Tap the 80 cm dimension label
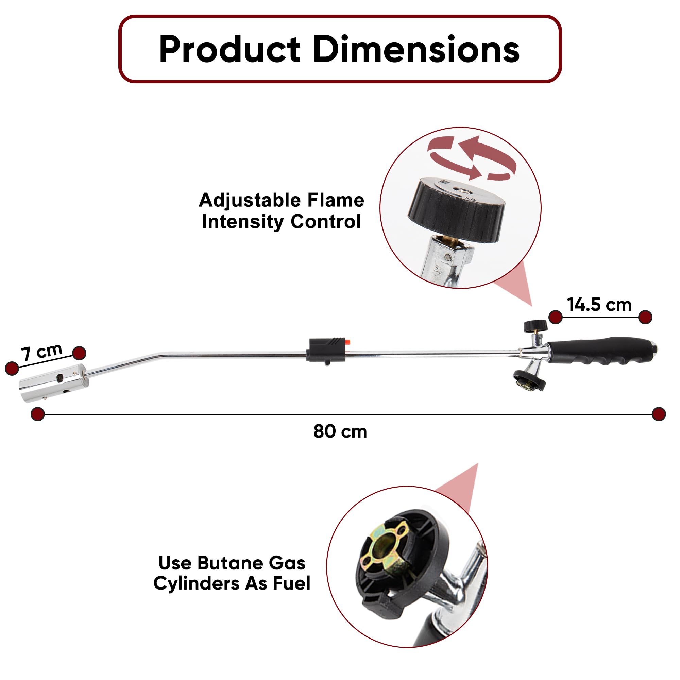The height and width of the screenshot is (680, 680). tap(340, 432)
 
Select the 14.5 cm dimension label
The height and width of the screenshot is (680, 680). tap(599, 305)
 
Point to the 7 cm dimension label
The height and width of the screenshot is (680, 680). tap(42, 352)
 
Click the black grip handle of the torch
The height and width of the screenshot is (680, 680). tap(602, 350)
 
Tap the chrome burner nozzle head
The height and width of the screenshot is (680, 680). tap(53, 383)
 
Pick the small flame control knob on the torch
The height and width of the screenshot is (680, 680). tap(535, 326)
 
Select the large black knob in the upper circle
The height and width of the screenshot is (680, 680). tap(457, 210)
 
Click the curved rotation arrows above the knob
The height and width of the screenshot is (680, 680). tap(472, 158)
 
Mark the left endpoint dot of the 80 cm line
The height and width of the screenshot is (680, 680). tap(38, 414)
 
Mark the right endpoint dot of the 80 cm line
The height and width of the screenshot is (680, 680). tap(659, 414)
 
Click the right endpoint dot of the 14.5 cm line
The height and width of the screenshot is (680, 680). tap(645, 317)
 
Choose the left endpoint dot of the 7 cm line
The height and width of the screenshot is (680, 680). tap(12, 368)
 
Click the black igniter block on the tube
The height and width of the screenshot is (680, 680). tap(326, 350)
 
